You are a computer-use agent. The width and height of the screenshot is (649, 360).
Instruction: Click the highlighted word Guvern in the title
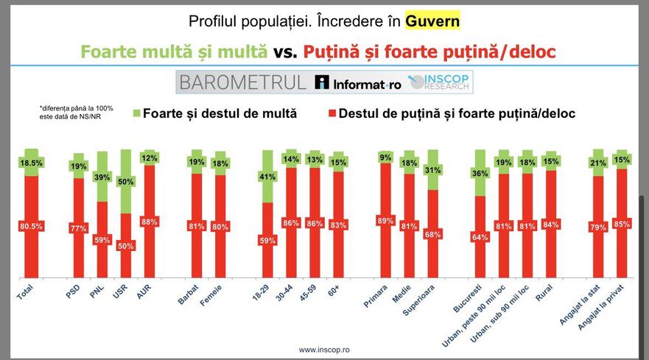pyautogui.click(x=432, y=21)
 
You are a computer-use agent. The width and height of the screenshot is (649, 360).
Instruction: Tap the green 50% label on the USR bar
pyautogui.click(x=126, y=182)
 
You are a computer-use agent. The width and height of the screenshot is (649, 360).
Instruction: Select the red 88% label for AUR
pyautogui.click(x=150, y=222)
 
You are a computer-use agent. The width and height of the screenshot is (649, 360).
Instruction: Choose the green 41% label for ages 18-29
pyautogui.click(x=267, y=177)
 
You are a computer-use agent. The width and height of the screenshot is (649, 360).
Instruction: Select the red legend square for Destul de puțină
pyautogui.click(x=331, y=113)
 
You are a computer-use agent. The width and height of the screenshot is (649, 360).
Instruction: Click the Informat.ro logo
pyautogui.click(x=358, y=82)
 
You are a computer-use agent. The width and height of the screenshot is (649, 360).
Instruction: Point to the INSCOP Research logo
pyautogui.click(x=440, y=82)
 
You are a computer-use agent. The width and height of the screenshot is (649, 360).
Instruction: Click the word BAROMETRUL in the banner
pyautogui.click(x=242, y=82)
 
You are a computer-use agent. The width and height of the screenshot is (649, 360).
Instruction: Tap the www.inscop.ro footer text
pyautogui.click(x=324, y=350)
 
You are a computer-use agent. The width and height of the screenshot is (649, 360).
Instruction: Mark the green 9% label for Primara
pyautogui.click(x=385, y=156)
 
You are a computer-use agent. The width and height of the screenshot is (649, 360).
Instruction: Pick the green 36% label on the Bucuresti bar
pyautogui.click(x=481, y=174)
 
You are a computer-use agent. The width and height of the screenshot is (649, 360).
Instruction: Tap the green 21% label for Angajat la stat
pyautogui.click(x=598, y=163)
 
